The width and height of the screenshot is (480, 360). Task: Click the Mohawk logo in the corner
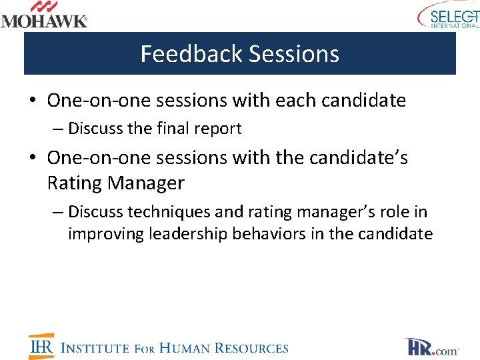[44, 15]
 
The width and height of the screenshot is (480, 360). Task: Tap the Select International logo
[448, 16]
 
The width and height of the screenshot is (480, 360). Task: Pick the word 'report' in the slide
[217, 129]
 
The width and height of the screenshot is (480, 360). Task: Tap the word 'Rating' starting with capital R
[75, 182]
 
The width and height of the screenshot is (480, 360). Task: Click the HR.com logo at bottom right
[431, 347]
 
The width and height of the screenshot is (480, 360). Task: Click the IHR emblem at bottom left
[41, 347]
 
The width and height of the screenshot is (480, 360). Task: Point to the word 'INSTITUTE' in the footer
[95, 348]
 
